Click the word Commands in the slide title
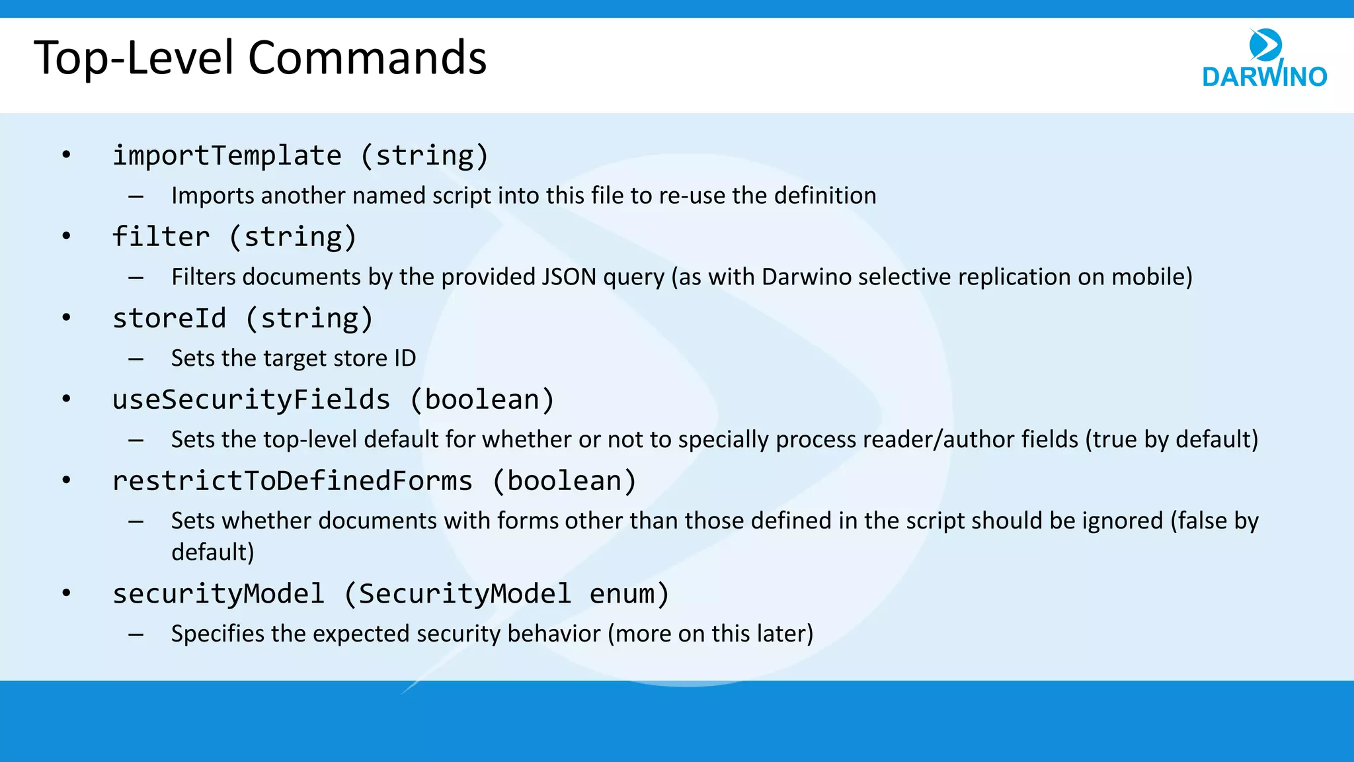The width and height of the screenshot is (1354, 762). pos(367,58)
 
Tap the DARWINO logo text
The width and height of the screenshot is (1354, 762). pos(1264,77)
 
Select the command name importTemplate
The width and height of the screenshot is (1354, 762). pos(227,156)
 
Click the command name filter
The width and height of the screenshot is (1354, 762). pos(161,237)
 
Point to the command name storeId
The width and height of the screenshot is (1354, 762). pos(169,319)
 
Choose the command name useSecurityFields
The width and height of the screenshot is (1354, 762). pos(251,400)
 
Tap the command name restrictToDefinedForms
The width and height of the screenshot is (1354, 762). pos(292,482)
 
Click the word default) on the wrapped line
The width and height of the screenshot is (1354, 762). pos(212,552)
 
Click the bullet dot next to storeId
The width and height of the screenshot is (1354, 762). pos(66,318)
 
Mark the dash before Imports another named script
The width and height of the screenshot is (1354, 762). pos(136,196)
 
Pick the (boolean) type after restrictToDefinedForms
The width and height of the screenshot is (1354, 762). pos(565,482)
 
